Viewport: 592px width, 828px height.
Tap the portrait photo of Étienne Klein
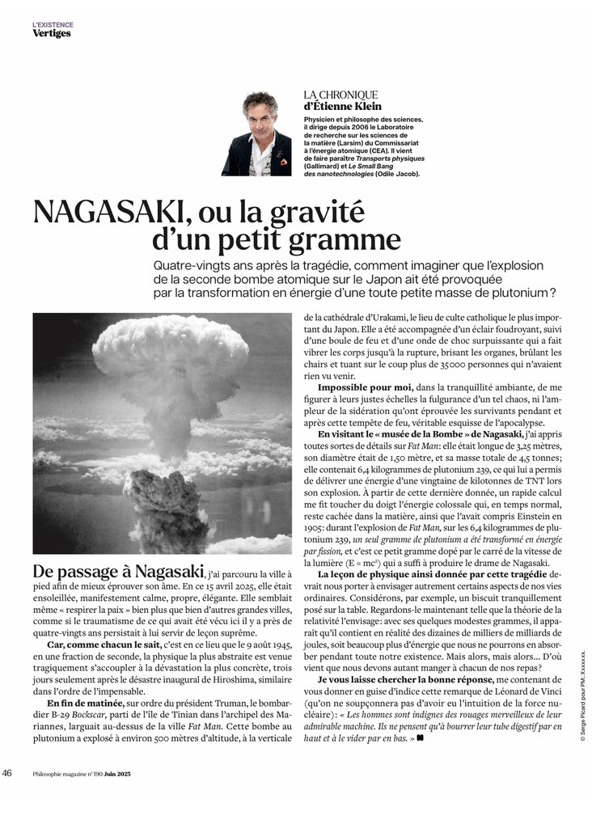coord(267,133)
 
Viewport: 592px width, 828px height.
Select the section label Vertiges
coord(51,33)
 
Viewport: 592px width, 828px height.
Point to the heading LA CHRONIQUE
coord(340,95)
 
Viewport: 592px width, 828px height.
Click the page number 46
coord(7,773)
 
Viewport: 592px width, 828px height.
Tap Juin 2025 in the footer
coord(117,774)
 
